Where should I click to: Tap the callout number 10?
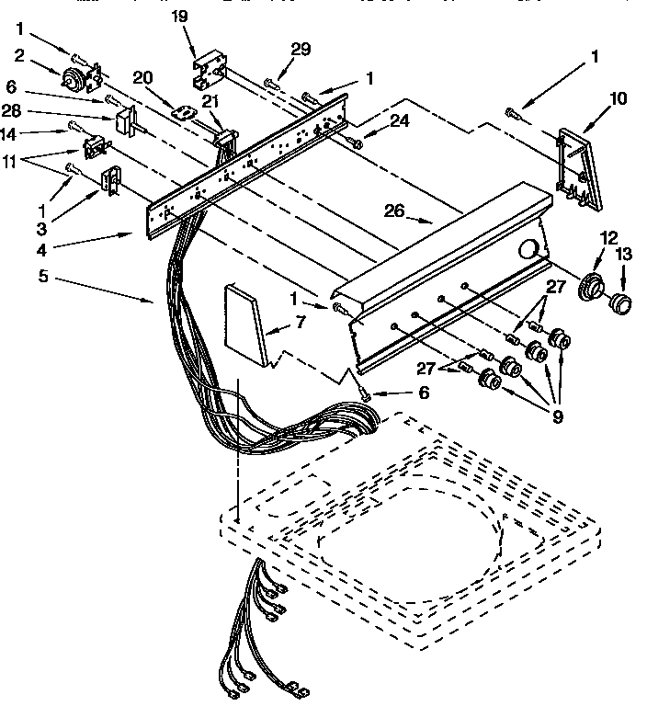point(618,97)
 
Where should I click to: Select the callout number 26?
point(394,211)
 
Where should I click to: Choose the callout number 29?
point(301,49)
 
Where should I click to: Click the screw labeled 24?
point(356,141)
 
